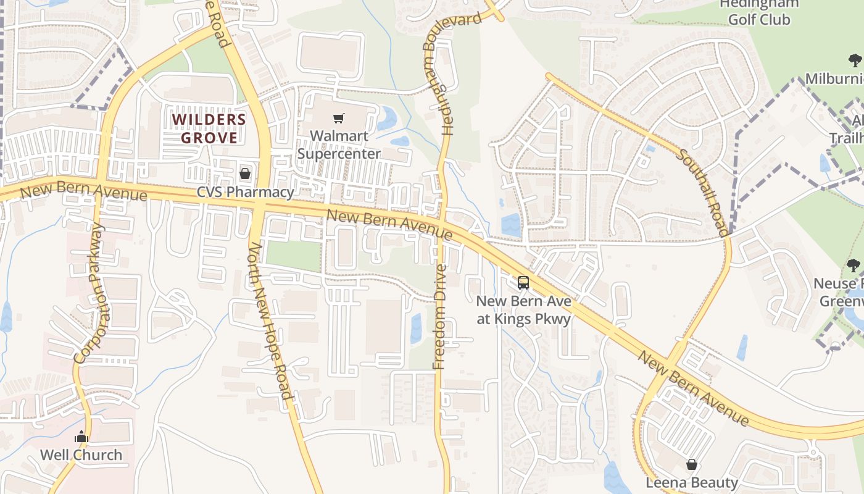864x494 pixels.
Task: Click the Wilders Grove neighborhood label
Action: [x=209, y=128]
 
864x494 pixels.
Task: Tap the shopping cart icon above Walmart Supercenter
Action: [x=338, y=118]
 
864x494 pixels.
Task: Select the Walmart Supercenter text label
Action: [x=338, y=144]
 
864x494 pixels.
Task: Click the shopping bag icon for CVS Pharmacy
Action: [x=245, y=174]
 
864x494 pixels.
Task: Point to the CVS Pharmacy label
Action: [x=245, y=192]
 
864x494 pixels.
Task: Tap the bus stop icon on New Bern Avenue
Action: [x=523, y=283]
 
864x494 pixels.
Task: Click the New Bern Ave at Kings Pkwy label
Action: [x=523, y=310]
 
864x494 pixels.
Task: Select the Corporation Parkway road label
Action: [x=90, y=294]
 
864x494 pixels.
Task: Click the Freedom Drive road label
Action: [x=439, y=317]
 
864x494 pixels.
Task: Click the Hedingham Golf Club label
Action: [x=758, y=12]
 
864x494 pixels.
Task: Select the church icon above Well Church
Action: [x=81, y=437]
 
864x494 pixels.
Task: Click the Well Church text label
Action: [x=81, y=455]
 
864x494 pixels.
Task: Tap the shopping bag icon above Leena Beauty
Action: [x=692, y=464]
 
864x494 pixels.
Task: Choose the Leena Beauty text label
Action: [x=692, y=482]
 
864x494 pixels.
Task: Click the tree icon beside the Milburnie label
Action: [x=855, y=61]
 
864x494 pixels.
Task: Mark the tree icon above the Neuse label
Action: [x=854, y=266]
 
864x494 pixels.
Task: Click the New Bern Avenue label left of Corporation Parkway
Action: [x=83, y=191]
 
